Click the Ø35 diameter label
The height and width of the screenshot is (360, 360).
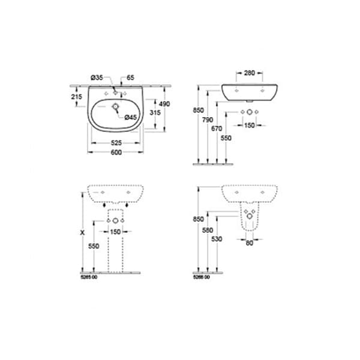[x=97, y=77]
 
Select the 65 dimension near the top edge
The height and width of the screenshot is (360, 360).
[x=131, y=77]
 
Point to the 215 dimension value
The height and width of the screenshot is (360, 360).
[x=76, y=97]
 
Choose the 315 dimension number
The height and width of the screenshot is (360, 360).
[x=153, y=112]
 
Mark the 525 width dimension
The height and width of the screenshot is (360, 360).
[x=116, y=143]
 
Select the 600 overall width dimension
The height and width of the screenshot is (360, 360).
[x=116, y=152]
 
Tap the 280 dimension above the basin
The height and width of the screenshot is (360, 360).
[x=248, y=74]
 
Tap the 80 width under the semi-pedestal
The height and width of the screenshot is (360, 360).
[x=248, y=243]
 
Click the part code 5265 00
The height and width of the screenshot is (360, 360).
[x=89, y=277]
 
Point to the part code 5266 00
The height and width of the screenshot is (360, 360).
[x=202, y=277]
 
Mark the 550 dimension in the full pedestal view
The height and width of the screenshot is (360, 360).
[x=94, y=245]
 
